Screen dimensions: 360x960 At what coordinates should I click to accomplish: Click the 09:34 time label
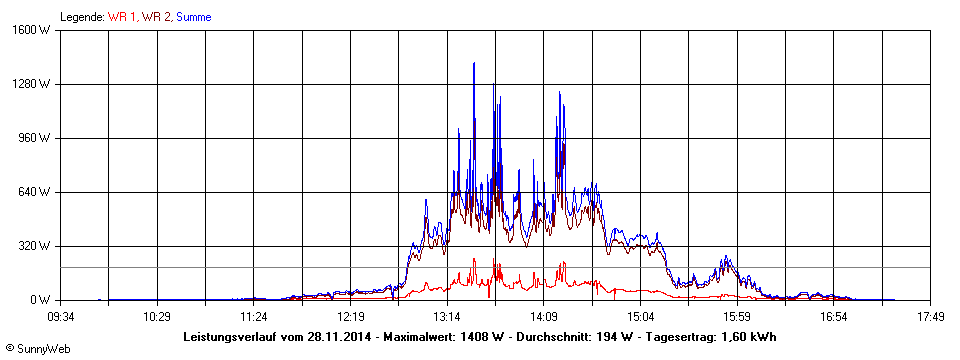click(61, 317)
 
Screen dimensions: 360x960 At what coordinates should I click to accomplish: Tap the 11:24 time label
click(254, 317)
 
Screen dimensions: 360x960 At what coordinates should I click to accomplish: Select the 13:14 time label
click(448, 317)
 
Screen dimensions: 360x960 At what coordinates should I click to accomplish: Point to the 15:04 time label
click(641, 317)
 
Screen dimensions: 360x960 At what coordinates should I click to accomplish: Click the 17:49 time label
click(931, 317)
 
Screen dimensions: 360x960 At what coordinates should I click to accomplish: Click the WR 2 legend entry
click(156, 17)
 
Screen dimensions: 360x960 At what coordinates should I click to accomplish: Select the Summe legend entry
click(193, 17)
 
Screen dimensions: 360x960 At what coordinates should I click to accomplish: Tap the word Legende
click(82, 17)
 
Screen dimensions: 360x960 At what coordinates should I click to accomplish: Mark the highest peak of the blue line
click(474, 63)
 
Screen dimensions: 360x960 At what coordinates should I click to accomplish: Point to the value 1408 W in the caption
click(480, 337)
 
